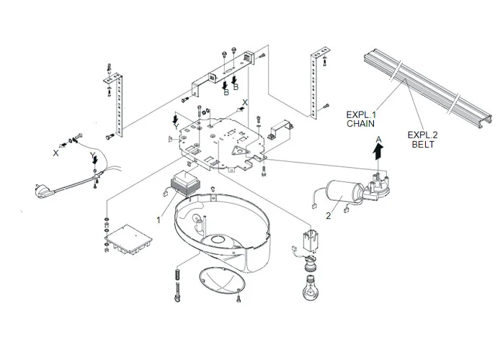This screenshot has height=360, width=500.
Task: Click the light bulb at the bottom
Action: tap(309, 292)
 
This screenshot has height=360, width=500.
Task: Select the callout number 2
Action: tap(329, 215)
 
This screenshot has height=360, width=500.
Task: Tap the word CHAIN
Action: tap(361, 123)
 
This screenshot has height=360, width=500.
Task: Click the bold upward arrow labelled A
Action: tap(377, 148)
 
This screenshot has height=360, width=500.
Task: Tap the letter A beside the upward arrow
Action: tap(377, 135)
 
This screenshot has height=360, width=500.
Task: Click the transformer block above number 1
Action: tap(184, 185)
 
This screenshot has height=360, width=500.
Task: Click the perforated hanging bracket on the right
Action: tap(314, 82)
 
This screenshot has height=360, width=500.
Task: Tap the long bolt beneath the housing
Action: tap(176, 287)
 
